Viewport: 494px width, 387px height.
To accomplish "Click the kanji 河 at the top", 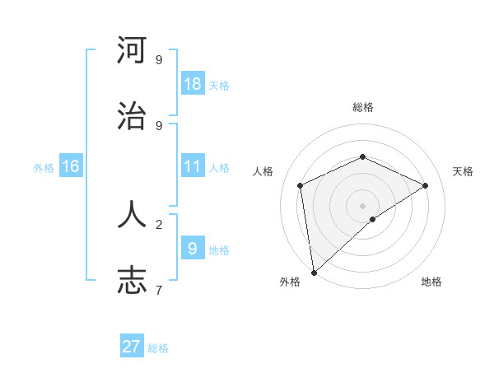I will (x=132, y=50).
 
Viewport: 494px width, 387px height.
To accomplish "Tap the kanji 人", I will (x=132, y=213).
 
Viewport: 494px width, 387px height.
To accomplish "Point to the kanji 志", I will (x=132, y=280).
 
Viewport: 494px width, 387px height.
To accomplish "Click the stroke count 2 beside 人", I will (x=158, y=223).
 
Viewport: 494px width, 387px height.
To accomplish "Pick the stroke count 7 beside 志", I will (x=158, y=290).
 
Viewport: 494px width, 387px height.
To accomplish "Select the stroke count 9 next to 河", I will (x=158, y=59).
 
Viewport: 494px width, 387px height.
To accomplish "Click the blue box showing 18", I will (x=193, y=83).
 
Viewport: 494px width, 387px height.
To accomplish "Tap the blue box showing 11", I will (x=193, y=166).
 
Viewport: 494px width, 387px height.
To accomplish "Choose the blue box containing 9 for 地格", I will (x=193, y=248).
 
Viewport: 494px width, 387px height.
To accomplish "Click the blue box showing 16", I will (x=71, y=166).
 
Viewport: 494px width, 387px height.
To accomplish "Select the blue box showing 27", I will (x=132, y=347).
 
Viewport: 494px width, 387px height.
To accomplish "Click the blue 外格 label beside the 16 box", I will (x=44, y=167).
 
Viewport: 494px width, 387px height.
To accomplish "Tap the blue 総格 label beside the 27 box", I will (x=158, y=348).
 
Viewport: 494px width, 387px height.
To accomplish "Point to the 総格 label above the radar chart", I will (x=362, y=107).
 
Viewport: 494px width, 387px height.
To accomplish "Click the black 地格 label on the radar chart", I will (x=431, y=282).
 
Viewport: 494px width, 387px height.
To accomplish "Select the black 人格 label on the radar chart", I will (x=263, y=171).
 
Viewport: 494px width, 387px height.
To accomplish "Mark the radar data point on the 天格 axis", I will (x=426, y=185).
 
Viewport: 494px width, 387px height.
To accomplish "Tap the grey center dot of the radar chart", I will (x=362, y=205).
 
